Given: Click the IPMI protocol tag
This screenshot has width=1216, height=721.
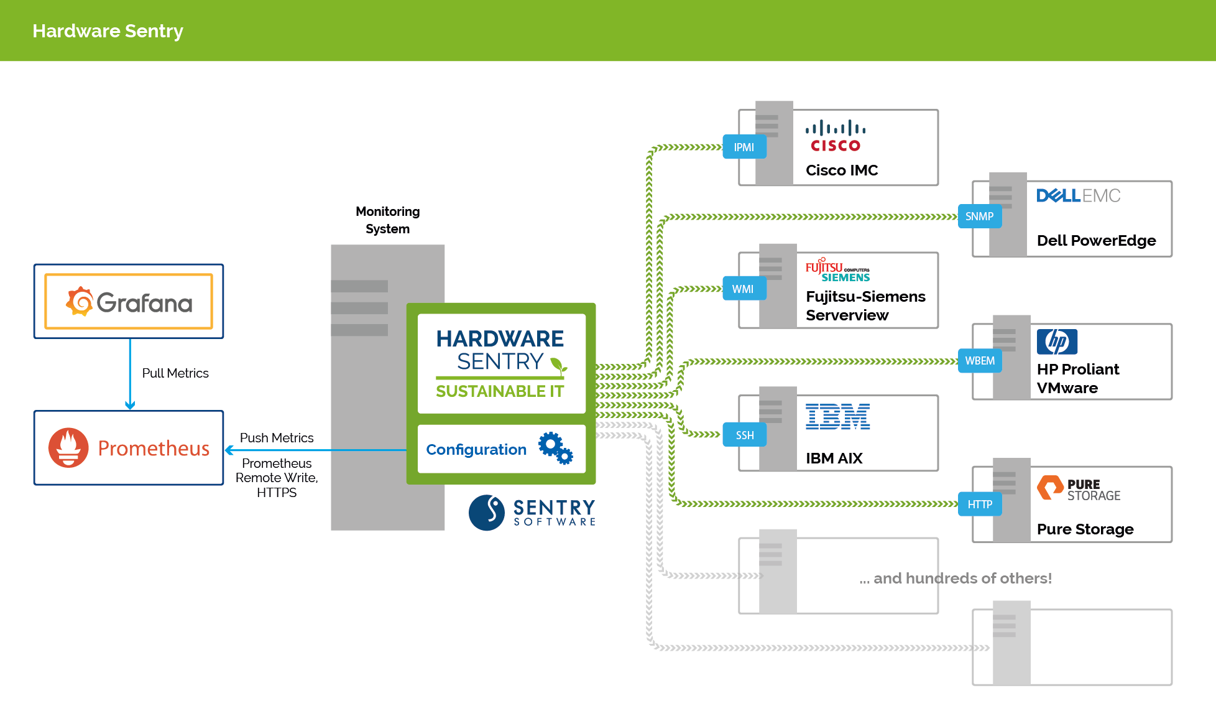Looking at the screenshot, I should tap(744, 147).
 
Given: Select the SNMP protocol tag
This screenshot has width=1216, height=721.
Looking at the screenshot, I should tap(979, 216).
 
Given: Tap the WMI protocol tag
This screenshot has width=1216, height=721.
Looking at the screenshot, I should tap(744, 289).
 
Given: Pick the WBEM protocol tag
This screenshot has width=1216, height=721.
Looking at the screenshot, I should tap(980, 361).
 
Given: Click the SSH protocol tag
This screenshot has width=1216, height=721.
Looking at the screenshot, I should tap(744, 435).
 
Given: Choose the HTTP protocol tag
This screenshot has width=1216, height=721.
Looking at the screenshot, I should tap(980, 505).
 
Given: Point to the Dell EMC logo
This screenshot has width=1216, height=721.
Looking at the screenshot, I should tap(1078, 196).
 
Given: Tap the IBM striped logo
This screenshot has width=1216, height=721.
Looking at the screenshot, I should tap(837, 417).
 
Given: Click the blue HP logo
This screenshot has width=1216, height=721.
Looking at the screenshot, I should tap(1057, 342).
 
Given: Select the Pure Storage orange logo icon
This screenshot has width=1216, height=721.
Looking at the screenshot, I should tap(1049, 488).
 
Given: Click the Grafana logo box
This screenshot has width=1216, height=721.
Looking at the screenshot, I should tap(129, 302).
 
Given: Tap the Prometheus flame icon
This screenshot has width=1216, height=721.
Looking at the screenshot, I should tap(68, 448).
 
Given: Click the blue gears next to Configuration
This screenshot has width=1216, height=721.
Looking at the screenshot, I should tap(556, 448).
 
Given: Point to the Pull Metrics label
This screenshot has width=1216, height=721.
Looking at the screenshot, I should tap(175, 373).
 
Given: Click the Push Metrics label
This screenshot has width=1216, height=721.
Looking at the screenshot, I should tap(277, 438).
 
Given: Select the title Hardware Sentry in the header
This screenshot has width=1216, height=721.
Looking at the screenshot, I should tap(108, 31).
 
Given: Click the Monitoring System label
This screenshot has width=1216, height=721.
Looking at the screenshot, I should tap(387, 220).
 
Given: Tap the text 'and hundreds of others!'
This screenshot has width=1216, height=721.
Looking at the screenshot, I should tap(962, 579).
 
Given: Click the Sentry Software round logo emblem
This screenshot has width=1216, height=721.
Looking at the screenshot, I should tap(486, 513).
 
